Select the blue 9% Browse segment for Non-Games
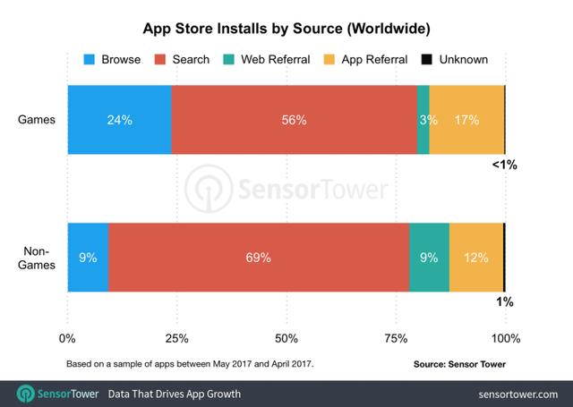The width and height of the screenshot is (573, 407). tap(88, 258)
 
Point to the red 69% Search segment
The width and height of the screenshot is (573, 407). tap(259, 258)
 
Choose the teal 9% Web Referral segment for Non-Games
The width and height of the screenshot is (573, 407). tap(429, 258)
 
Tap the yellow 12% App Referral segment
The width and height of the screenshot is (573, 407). tap(476, 258)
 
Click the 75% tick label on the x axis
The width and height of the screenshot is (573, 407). tap(396, 339)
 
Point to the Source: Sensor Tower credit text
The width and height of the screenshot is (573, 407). tap(458, 365)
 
